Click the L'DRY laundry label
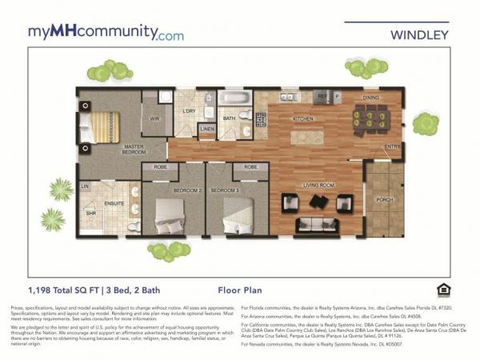pos(189,110)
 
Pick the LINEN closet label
pos(207,128)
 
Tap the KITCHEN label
pos(302,118)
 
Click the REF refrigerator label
pos(323,96)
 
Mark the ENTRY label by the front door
pos(392,146)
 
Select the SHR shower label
pos(90,214)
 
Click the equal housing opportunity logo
pos(442,290)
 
